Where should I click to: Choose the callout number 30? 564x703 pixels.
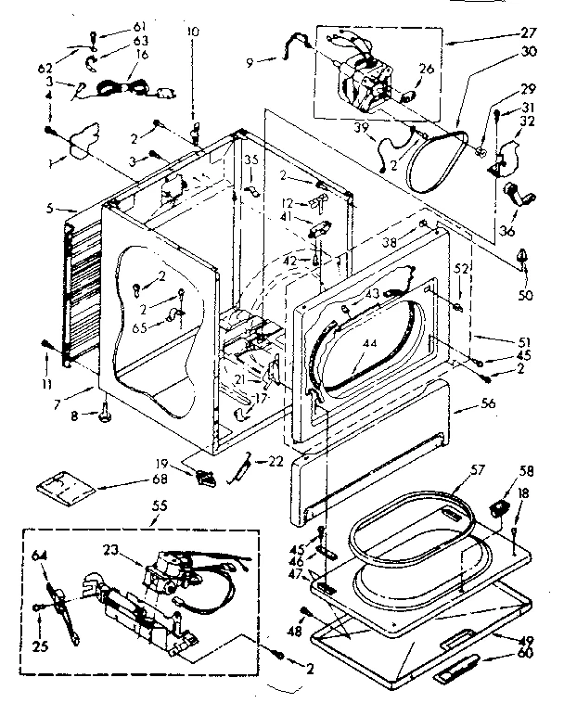pos(529,54)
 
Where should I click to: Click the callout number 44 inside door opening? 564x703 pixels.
pos(372,343)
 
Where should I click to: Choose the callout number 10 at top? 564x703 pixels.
pos(193,32)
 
